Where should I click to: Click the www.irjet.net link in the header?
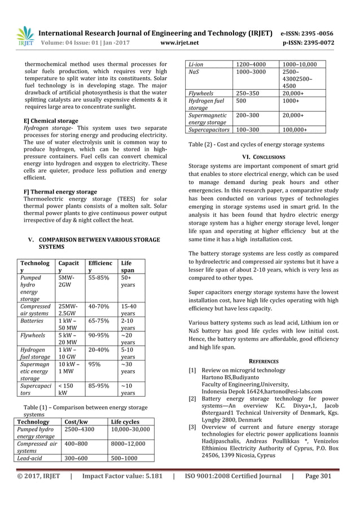[179, 42]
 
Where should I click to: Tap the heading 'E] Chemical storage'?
[51, 121]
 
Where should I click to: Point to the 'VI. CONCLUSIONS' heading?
[263, 157]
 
